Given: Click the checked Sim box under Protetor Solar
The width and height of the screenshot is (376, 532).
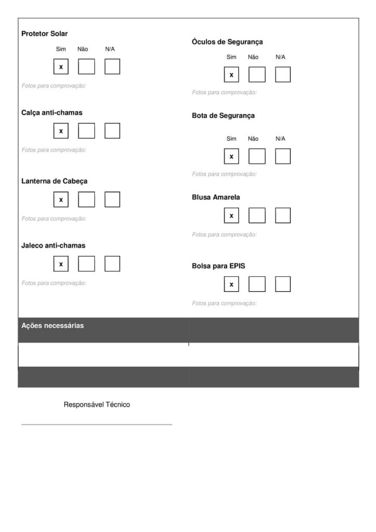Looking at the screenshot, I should click(61, 67).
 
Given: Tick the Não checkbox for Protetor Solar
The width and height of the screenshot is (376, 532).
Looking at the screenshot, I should click(87, 67).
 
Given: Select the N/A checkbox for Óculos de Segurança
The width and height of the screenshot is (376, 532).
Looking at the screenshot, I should click(283, 75).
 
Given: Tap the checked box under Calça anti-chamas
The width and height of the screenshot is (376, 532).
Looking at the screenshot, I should click(61, 131).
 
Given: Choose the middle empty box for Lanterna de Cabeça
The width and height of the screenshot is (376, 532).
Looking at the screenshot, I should click(87, 199).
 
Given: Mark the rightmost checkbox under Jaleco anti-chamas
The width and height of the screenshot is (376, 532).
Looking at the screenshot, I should click(112, 264).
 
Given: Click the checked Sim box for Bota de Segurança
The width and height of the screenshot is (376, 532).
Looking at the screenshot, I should click(231, 156).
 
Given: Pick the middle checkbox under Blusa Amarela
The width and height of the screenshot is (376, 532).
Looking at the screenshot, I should click(257, 215).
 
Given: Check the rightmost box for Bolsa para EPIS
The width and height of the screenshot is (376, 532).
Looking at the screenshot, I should click(283, 284).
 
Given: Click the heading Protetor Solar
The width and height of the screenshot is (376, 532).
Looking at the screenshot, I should click(45, 34).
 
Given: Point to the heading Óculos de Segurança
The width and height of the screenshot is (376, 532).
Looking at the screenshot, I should click(227, 42).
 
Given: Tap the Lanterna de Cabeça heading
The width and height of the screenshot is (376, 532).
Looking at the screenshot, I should click(54, 181).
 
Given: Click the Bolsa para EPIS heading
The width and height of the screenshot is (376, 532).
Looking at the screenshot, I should click(218, 266).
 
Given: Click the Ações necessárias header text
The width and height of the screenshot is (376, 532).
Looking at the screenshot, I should click(52, 326).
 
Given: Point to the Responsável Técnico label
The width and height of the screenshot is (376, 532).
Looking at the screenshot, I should click(96, 405).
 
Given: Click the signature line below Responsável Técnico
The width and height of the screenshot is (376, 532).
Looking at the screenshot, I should click(96, 424).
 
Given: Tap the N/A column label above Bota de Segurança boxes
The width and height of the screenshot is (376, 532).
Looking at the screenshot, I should click(281, 139).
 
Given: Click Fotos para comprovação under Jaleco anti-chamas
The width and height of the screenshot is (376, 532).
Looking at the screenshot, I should click(54, 283).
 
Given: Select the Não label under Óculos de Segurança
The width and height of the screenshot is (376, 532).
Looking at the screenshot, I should click(253, 57).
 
